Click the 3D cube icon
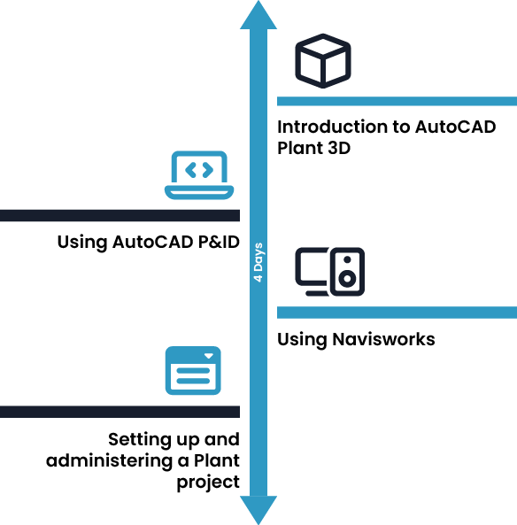pos(323,61)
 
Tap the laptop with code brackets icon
pos(199,174)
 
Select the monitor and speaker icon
pos(330,272)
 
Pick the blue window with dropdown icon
pos(193,370)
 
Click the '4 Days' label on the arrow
pos(258,262)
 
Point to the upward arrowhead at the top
pos(258,15)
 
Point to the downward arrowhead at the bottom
pos(258,510)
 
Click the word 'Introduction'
pos(338,127)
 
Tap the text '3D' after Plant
pos(339,148)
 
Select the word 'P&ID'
pos(219,242)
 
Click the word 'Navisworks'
pos(383,339)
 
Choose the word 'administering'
pos(109,460)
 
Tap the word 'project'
pos(208,483)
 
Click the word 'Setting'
pos(140,440)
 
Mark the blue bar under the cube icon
pos(397,101)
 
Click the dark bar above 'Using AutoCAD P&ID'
pos(120,216)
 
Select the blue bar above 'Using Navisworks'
pos(397,313)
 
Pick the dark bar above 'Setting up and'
pos(120,412)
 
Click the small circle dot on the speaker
pos(347,259)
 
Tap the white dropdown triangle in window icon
pos(209,356)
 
